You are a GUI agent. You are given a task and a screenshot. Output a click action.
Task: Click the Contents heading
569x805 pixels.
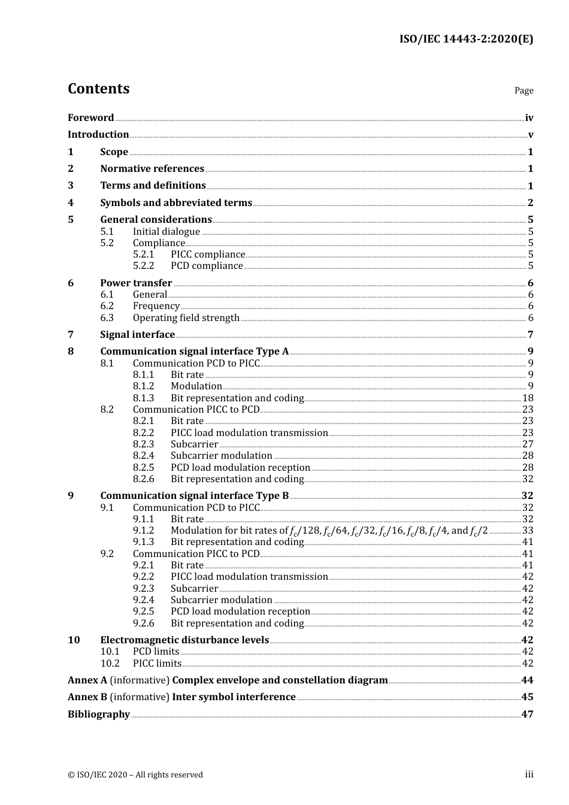tap(98, 89)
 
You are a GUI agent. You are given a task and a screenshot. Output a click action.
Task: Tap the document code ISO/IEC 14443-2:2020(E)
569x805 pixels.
tap(466, 40)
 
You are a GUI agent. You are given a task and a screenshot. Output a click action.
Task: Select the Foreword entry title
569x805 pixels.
tap(90, 118)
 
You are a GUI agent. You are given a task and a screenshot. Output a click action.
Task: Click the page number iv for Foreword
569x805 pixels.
tap(529, 118)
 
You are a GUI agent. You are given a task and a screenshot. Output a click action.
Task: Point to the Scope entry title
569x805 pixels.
tap(114, 152)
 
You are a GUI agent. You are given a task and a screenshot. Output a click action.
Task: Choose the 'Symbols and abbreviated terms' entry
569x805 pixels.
tap(176, 203)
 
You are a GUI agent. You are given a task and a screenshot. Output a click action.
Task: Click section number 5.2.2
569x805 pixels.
tap(144, 266)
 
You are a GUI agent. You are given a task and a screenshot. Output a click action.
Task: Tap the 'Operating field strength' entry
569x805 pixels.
tap(186, 318)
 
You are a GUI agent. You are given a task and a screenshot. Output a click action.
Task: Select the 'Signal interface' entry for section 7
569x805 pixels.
tap(137, 335)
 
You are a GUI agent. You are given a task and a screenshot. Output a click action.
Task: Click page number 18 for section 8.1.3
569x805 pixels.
tap(528, 398)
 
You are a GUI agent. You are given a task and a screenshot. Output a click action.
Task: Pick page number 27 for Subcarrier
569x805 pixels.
tap(528, 444)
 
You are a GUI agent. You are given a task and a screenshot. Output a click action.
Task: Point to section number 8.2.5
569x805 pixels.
tap(144, 468)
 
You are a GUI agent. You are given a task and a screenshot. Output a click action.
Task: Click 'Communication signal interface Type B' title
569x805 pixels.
tap(194, 496)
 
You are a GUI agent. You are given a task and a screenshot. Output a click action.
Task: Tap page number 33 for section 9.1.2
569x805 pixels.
tap(528, 531)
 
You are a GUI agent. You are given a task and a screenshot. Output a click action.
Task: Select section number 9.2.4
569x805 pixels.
tap(144, 600)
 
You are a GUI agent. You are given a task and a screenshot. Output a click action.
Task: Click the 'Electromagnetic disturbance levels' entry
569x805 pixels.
tap(184, 640)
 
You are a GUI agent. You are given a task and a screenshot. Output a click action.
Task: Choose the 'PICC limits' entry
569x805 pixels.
tap(157, 664)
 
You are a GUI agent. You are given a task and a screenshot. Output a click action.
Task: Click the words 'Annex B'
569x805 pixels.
tap(87, 697)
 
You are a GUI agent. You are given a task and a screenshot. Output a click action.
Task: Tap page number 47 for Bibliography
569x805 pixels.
tap(527, 715)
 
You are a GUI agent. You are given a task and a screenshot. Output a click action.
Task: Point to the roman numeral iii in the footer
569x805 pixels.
tap(529, 774)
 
